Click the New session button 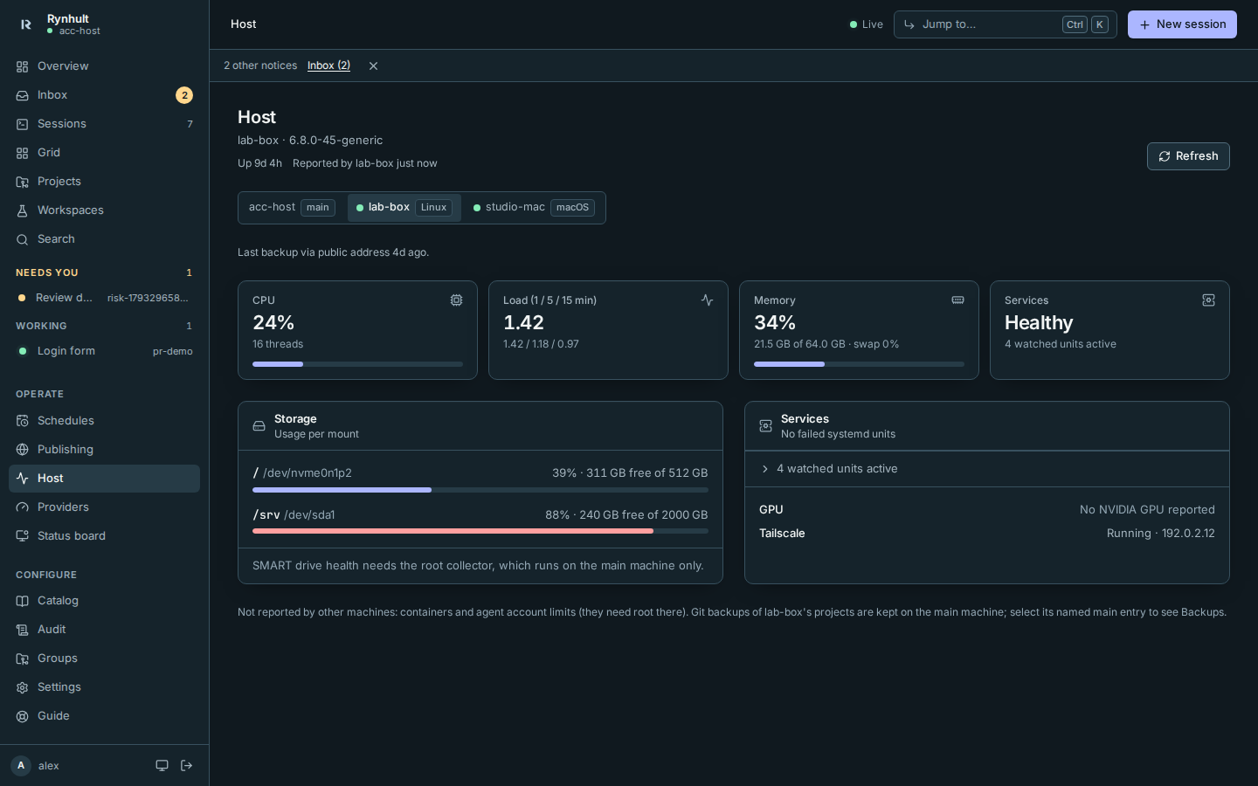click(x=1182, y=24)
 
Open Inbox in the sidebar click(x=52, y=95)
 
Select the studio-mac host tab click(x=533, y=207)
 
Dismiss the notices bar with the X click(x=373, y=65)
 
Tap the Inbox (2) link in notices click(x=328, y=65)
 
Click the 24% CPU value click(x=273, y=322)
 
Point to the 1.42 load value click(x=523, y=322)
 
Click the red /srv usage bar click(x=453, y=531)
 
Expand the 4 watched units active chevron click(x=764, y=469)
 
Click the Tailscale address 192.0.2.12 click(x=1188, y=533)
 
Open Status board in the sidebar click(x=72, y=535)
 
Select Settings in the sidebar click(x=59, y=686)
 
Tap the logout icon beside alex click(x=186, y=765)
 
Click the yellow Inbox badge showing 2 click(x=184, y=95)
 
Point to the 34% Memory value click(x=774, y=322)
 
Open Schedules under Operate click(x=66, y=421)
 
